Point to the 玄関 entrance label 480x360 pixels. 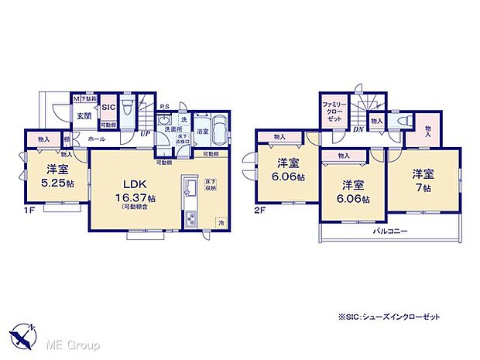83,116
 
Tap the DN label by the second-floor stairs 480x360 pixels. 359,130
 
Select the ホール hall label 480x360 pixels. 97,139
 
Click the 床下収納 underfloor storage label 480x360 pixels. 210,186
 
